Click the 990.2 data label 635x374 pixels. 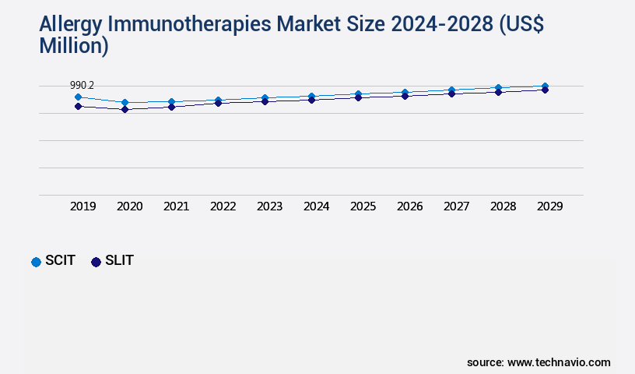click(82, 85)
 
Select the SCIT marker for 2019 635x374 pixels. click(78, 97)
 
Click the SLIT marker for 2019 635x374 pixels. click(78, 106)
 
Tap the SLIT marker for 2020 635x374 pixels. click(125, 110)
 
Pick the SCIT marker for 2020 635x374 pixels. click(125, 102)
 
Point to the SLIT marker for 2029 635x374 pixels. click(545, 90)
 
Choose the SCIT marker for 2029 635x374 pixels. click(545, 86)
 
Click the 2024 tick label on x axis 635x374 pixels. click(316, 206)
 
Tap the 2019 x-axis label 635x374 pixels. click(82, 206)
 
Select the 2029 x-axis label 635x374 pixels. click(549, 206)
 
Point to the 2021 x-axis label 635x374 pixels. click(176, 206)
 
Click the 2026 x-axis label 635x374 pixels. click(409, 206)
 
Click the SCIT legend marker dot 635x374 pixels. click(36, 262)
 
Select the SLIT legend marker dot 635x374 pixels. click(96, 262)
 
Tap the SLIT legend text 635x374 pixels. click(119, 261)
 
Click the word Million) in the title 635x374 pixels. click(74, 45)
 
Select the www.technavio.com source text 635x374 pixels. click(559, 362)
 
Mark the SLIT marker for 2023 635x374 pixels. click(265, 101)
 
